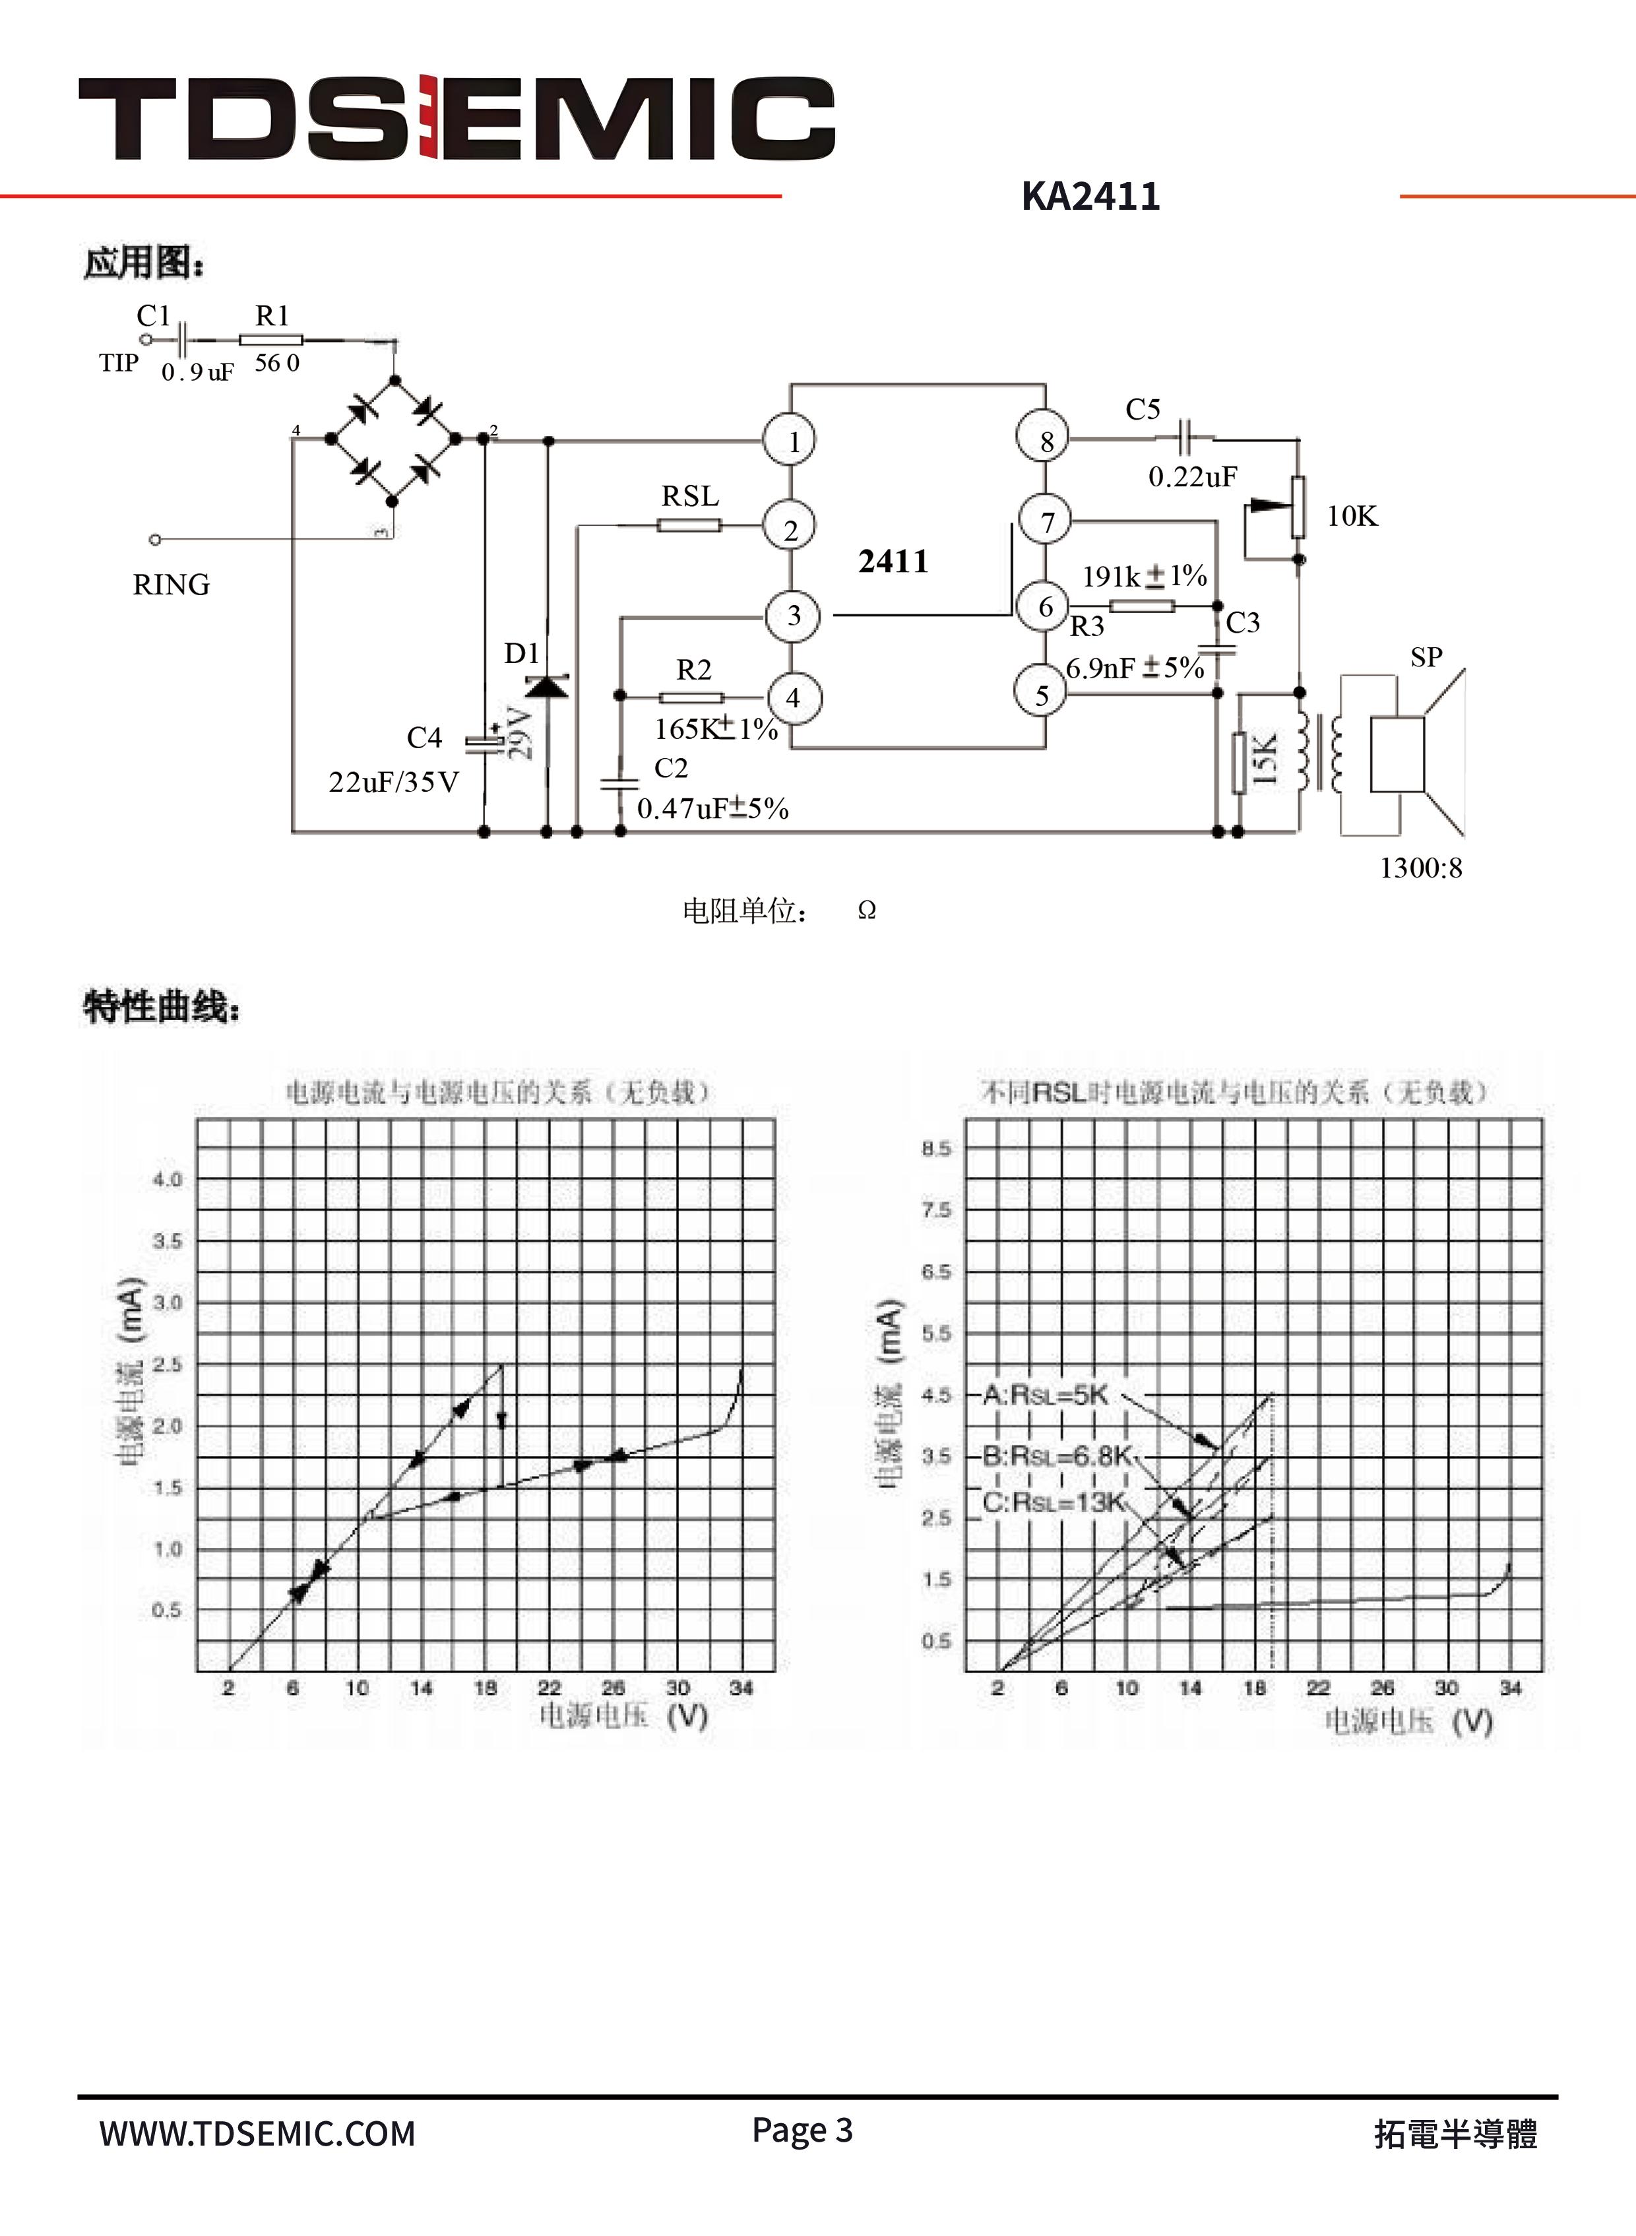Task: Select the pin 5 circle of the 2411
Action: (x=1041, y=694)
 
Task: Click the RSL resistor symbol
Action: (x=689, y=525)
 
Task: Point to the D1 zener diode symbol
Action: (x=547, y=686)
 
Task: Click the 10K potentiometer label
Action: (x=1352, y=516)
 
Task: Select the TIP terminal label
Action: (x=118, y=364)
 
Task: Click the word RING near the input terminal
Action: (x=172, y=585)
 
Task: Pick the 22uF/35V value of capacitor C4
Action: (x=393, y=783)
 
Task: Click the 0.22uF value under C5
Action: (x=1192, y=477)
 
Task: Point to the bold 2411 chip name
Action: (x=893, y=561)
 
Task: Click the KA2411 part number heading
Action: (x=1090, y=196)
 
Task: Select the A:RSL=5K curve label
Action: (x=1045, y=1395)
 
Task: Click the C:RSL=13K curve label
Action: (x=1054, y=1502)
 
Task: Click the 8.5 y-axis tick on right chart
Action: (x=936, y=1149)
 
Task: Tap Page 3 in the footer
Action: (x=802, y=2129)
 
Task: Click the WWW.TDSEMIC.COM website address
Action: (x=257, y=2133)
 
